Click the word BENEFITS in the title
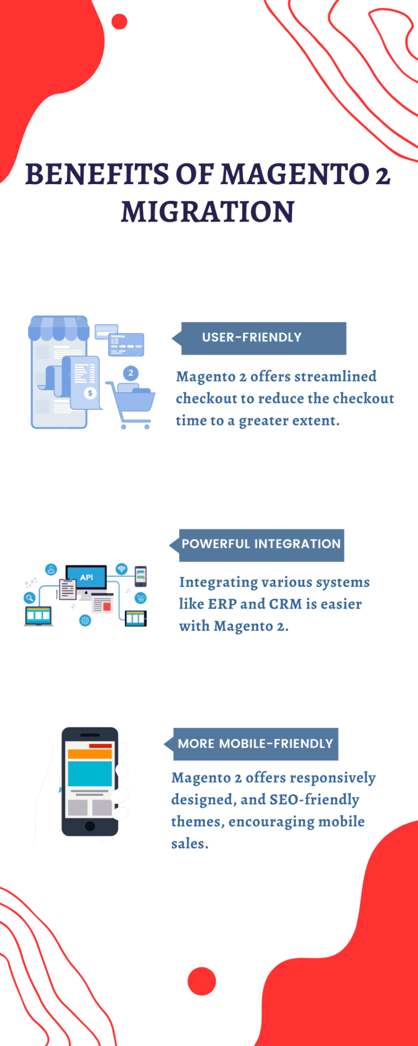coord(98,174)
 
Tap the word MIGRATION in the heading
coord(208,212)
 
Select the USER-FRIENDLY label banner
coord(259,338)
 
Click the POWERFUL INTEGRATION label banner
coord(257,545)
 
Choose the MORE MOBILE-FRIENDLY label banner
coord(251,744)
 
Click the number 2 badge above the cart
coord(131,373)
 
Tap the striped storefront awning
coord(59,328)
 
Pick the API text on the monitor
coord(86,577)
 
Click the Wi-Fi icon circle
coord(121,569)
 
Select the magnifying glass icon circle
coord(30,598)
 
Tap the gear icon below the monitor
coord(85,620)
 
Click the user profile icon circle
coord(51,570)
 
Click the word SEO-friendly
coord(314,799)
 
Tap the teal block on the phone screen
coord(90,773)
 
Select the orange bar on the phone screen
coord(90,754)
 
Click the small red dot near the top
coord(119,22)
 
